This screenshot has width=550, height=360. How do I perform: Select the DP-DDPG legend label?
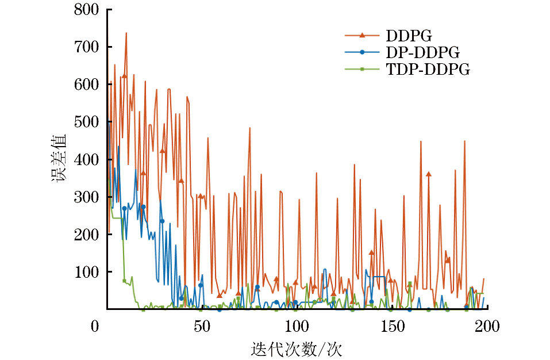[423, 52]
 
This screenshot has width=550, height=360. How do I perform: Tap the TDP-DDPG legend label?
[428, 70]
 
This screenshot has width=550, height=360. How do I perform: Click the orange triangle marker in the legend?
[362, 36]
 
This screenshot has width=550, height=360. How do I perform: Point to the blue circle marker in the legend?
[362, 52]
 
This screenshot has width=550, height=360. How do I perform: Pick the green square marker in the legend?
[362, 70]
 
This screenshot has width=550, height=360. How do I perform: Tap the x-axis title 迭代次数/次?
[297, 348]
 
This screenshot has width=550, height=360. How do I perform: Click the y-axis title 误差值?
[60, 159]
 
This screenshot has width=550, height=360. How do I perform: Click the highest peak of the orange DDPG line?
[126, 33]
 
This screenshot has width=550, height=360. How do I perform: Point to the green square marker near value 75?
[124, 281]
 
